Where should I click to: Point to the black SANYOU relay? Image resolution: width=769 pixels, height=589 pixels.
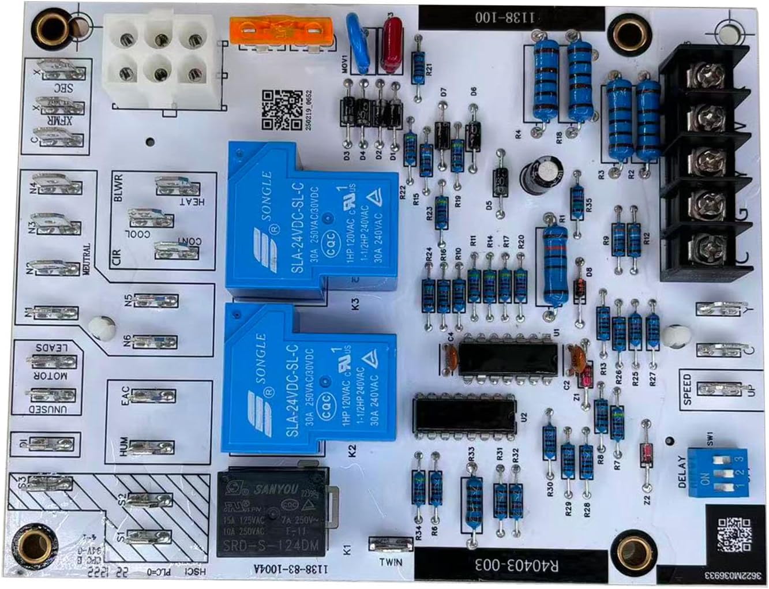pos(272,513)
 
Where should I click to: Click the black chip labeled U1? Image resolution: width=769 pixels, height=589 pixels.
pos(508,358)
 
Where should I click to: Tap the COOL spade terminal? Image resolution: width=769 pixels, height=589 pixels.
pos(151,217)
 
